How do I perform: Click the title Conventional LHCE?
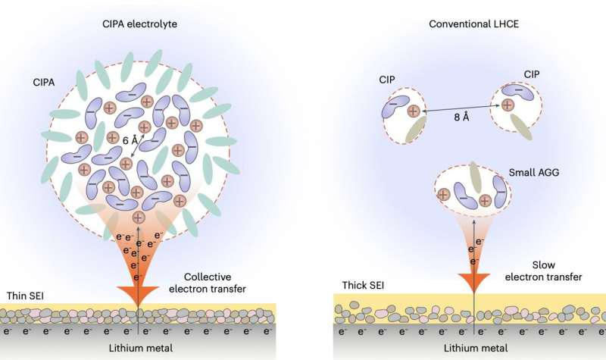pyautogui.click(x=468, y=23)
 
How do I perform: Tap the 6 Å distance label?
pyautogui.click(x=131, y=139)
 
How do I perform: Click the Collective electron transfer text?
pyautogui.click(x=219, y=282)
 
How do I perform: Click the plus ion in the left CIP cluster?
pyautogui.click(x=413, y=112)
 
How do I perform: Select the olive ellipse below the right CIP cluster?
pyautogui.click(x=521, y=127)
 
